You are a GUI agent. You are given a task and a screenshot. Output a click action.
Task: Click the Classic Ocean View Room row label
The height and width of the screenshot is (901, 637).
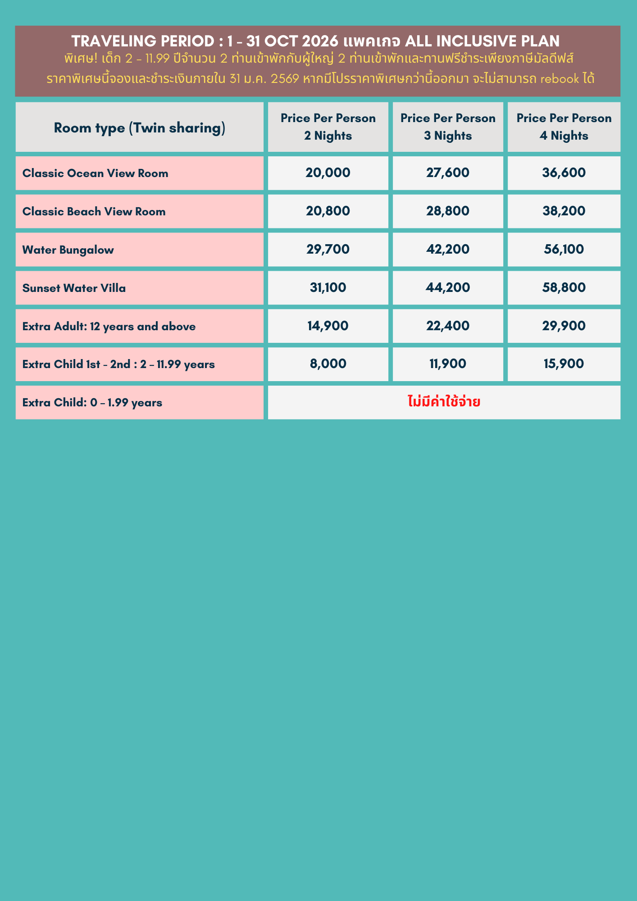tap(95, 173)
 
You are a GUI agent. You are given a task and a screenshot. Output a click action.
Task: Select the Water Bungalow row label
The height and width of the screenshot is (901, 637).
tap(68, 250)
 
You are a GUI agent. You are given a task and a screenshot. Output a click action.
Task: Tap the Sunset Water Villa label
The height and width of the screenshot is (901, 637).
tap(74, 288)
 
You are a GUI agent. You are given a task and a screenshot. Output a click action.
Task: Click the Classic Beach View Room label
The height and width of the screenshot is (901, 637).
tap(94, 212)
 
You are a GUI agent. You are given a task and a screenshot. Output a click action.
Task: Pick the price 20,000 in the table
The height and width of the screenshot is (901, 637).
tap(328, 173)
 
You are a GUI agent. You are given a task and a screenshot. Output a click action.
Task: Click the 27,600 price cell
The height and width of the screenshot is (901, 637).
tap(447, 173)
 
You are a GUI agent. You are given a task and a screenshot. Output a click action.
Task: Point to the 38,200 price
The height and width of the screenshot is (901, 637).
tap(564, 211)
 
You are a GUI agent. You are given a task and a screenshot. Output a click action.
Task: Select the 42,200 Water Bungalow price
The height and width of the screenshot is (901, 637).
tap(447, 250)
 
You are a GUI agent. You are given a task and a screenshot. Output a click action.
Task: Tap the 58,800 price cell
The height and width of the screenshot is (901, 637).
tap(564, 288)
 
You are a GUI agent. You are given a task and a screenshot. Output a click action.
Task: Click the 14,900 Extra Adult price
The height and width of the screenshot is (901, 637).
tap(328, 326)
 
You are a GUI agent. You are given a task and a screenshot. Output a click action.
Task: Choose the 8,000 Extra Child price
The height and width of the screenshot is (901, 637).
tap(328, 364)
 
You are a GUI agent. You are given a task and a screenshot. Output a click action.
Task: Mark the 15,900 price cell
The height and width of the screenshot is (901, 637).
tap(564, 364)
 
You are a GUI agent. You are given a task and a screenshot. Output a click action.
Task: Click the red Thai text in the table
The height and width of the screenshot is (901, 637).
tap(444, 402)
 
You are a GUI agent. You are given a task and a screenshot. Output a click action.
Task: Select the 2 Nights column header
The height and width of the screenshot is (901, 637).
tap(328, 127)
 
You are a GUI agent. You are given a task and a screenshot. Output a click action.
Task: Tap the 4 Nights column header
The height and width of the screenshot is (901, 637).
tap(564, 127)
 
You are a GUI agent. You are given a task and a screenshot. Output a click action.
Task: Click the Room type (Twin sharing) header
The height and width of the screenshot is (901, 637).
tap(139, 128)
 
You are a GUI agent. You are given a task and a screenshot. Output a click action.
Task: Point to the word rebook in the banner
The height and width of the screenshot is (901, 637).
tap(559, 79)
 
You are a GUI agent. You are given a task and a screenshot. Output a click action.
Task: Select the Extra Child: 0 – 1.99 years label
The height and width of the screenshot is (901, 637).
tap(92, 403)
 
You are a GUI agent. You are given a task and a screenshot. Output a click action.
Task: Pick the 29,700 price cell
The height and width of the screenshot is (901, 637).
tap(328, 250)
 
